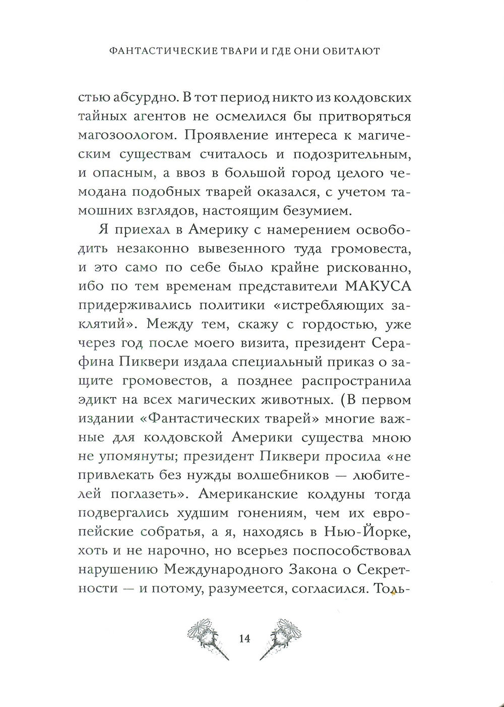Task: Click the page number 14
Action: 245,638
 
